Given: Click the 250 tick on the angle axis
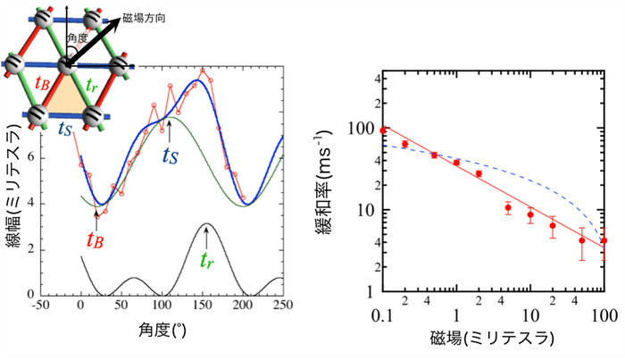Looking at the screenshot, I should (283, 306).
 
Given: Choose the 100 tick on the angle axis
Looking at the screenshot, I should (159, 306).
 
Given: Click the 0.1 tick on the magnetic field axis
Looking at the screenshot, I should (383, 316).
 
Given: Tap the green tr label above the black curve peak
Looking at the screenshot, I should (207, 261).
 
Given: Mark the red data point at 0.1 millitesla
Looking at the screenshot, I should (383, 130).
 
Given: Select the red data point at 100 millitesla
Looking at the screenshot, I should (604, 240).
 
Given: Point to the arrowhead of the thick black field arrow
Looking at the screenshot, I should (117, 25).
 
